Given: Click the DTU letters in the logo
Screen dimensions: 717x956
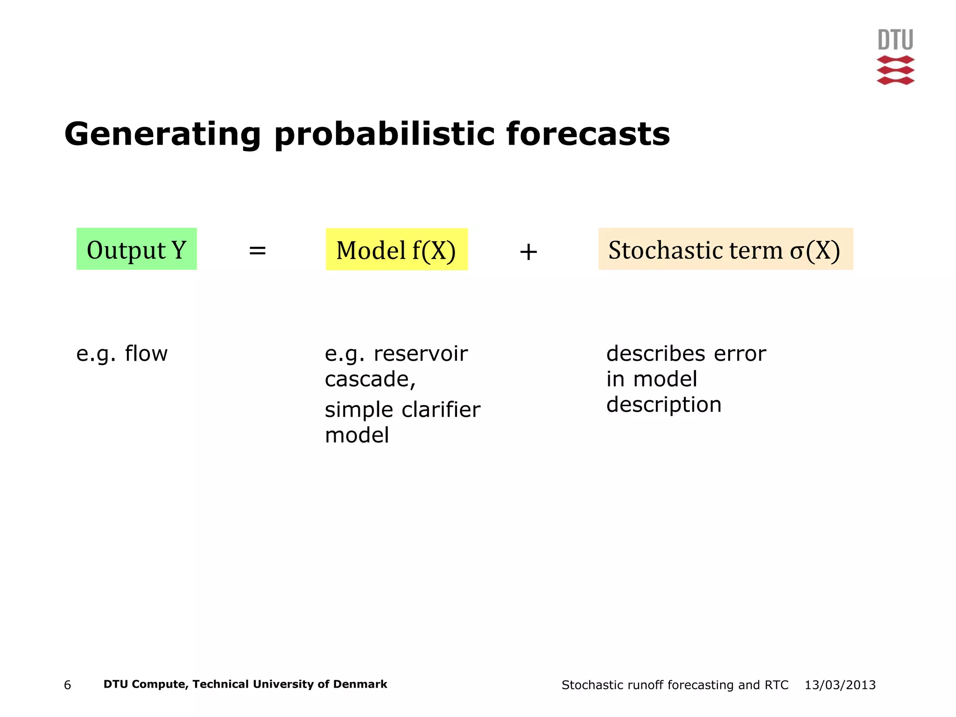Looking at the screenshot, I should click(x=895, y=40).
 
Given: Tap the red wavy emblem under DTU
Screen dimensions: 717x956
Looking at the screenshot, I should click(x=895, y=70).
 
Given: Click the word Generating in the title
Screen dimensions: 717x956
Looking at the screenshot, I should click(x=162, y=134).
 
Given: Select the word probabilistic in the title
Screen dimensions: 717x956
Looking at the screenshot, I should click(x=384, y=134).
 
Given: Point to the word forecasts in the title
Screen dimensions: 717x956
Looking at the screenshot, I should click(x=588, y=134).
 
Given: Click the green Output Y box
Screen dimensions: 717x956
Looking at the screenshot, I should click(x=136, y=249).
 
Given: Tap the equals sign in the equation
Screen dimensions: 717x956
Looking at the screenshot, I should click(x=257, y=251).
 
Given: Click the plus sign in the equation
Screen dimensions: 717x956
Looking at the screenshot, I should click(x=528, y=252).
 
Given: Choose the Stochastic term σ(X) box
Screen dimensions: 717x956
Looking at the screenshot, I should click(x=725, y=249).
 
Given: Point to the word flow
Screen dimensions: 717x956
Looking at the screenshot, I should click(x=146, y=353).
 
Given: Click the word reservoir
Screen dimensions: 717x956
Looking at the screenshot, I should click(x=421, y=353).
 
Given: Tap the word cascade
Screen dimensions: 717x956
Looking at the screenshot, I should click(x=368, y=379).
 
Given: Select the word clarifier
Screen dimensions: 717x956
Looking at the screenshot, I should click(x=441, y=410).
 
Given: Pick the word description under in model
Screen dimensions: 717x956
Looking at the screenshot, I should click(x=663, y=405).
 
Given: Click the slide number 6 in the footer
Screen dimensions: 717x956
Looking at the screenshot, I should click(x=67, y=685).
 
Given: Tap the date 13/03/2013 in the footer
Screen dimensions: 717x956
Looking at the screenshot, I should click(x=840, y=685).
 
